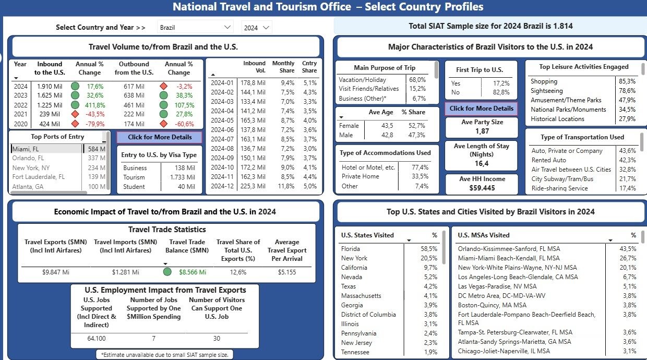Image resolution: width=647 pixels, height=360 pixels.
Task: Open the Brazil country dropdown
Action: tap(195, 28)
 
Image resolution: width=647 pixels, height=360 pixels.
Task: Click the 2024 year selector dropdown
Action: tap(257, 28)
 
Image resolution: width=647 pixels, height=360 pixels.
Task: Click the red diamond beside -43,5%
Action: tap(75, 114)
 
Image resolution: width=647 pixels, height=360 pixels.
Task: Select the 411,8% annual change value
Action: tap(95, 105)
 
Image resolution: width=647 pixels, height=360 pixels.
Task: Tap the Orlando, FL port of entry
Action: tap(28, 158)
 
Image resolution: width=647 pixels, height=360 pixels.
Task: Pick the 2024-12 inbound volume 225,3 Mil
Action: tap(253, 186)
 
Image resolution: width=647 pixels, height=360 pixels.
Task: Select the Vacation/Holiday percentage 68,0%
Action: tap(417, 79)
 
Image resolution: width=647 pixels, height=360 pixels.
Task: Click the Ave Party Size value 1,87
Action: tap(482, 131)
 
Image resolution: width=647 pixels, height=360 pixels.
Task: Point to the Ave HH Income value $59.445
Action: tap(482, 188)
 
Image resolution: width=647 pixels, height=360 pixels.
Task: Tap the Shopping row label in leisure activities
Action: tap(544, 81)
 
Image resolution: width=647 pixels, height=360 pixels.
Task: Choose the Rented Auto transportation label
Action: tap(549, 160)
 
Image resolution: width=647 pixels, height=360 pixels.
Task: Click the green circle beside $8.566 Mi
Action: tap(167, 272)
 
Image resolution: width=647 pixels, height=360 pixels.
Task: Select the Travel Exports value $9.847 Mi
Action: tap(56, 272)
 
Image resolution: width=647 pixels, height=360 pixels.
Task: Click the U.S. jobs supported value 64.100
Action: tap(97, 338)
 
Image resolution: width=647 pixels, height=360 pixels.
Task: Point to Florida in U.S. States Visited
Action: tap(350, 249)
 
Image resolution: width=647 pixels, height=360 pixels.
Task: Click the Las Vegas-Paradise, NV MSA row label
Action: tap(497, 286)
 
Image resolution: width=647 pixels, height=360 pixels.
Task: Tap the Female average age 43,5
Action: tap(387, 126)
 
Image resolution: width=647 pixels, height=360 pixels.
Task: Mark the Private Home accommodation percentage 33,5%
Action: tap(420, 176)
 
